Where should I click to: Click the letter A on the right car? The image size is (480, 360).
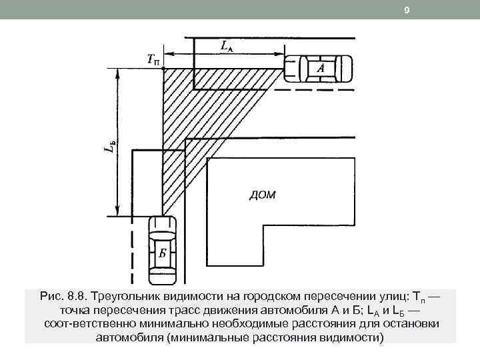[321, 67]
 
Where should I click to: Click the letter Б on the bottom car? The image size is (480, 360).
[162, 253]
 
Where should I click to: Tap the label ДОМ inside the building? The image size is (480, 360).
[261, 195]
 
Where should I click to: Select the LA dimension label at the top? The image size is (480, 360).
[227, 46]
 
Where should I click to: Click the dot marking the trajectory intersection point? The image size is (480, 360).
[163, 67]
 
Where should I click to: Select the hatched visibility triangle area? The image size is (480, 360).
[200, 100]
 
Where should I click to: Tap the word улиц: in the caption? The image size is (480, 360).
[377, 295]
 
